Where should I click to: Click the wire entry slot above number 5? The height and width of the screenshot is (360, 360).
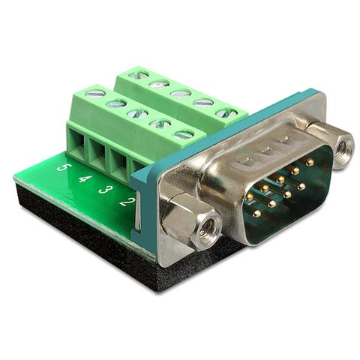coord(76,145)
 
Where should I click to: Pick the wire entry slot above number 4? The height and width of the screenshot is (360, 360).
coord(98,156)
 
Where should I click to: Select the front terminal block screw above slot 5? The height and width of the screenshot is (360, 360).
coord(95,94)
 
